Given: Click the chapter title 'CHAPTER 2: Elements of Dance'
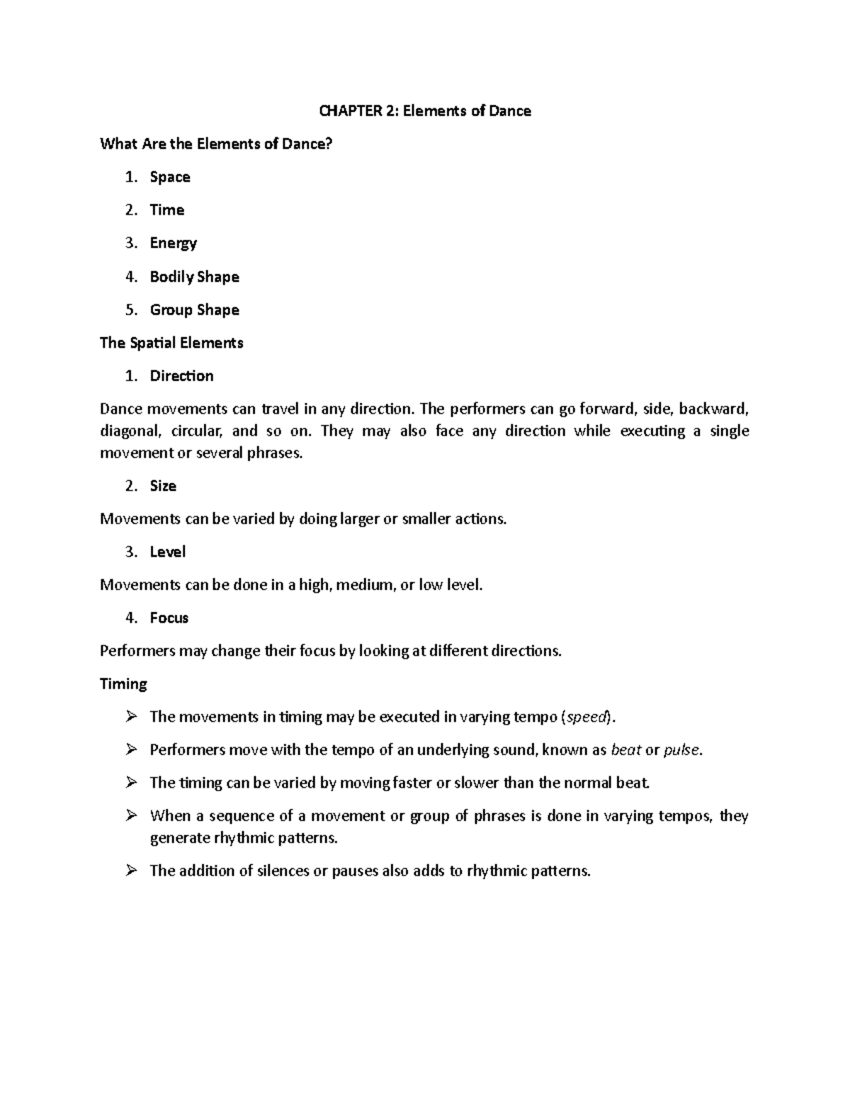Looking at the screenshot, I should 424,111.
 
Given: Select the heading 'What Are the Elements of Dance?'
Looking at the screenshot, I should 216,144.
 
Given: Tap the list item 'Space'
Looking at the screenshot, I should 170,177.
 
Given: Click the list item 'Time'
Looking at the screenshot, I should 167,210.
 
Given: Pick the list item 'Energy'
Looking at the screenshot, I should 174,244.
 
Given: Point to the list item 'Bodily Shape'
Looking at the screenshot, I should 194,277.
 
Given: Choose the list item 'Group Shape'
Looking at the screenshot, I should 194,310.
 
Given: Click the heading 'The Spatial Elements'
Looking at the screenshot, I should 171,343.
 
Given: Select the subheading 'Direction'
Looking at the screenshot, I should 181,376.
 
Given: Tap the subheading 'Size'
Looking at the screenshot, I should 163,486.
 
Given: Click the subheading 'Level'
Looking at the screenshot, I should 168,552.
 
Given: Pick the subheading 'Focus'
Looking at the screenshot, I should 169,618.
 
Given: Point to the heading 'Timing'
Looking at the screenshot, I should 123,684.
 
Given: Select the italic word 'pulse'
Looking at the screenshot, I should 681,750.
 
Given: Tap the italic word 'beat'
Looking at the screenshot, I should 625,750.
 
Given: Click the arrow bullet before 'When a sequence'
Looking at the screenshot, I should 130,816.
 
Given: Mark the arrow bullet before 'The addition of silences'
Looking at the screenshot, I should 130,871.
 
